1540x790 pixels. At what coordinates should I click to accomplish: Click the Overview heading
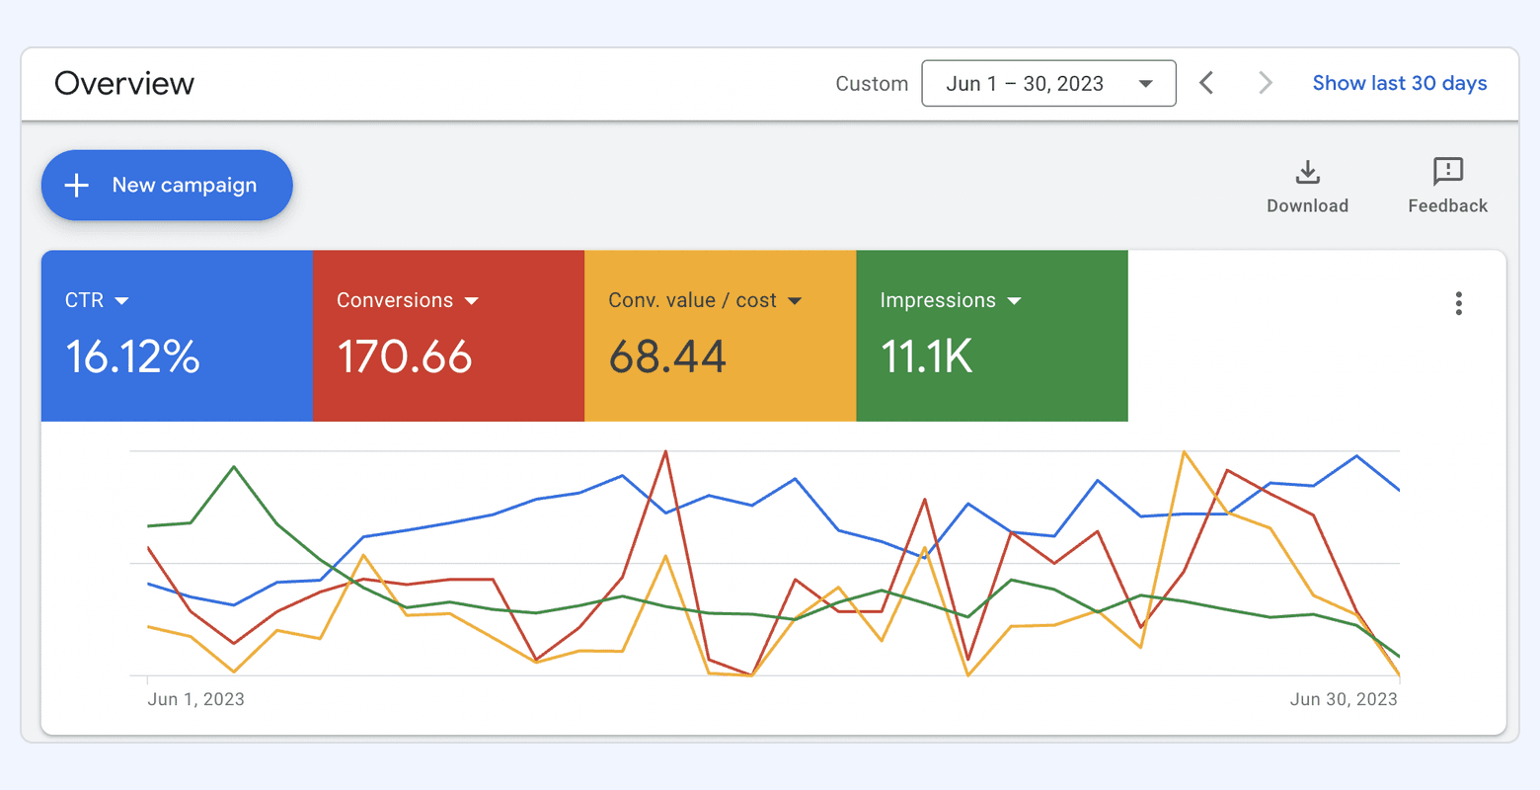(x=124, y=84)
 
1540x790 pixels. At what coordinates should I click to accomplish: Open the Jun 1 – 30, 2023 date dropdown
(x=1048, y=84)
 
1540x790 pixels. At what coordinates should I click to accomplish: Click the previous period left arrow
(x=1206, y=83)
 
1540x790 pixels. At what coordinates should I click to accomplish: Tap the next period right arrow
(x=1265, y=83)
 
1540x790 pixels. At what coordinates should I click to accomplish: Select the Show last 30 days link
(x=1399, y=84)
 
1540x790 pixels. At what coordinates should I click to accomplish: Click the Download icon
(x=1307, y=173)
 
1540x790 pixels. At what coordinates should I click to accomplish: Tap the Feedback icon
(x=1447, y=172)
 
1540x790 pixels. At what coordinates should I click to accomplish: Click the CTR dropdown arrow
(x=122, y=301)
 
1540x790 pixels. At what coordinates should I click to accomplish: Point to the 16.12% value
(x=132, y=356)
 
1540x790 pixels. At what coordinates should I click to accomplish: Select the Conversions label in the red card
(x=395, y=300)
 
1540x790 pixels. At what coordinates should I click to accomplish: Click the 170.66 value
(x=405, y=356)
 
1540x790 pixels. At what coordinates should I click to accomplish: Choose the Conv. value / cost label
(x=692, y=300)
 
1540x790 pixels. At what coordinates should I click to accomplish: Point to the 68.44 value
(x=667, y=356)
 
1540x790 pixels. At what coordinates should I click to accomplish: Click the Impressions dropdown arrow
(x=1014, y=301)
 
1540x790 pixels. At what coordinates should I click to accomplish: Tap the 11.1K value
(x=926, y=356)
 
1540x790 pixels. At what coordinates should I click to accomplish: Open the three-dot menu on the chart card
(x=1458, y=303)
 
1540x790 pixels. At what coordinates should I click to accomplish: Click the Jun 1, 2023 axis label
(x=195, y=699)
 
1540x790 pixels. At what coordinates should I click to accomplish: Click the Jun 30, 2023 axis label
(x=1343, y=699)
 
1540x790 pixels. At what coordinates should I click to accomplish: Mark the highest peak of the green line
(x=234, y=466)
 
